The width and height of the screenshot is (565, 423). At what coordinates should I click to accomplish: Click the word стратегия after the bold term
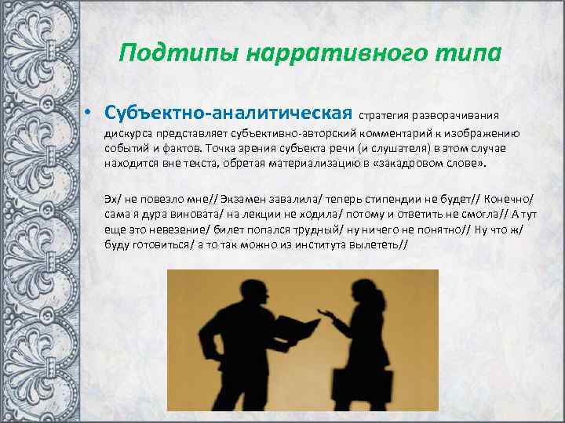pos(388,114)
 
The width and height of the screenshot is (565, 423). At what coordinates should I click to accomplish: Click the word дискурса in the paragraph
pos(128,133)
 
